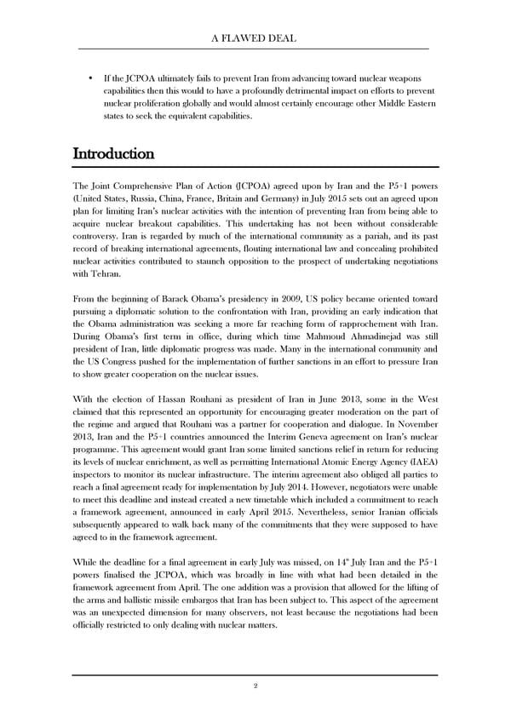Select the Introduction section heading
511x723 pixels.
113,154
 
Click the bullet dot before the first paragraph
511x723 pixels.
90,79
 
